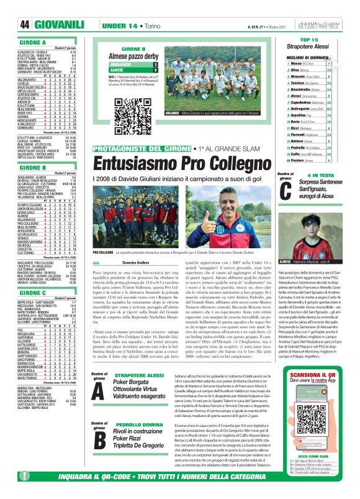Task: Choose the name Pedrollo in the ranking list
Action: [283, 148]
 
